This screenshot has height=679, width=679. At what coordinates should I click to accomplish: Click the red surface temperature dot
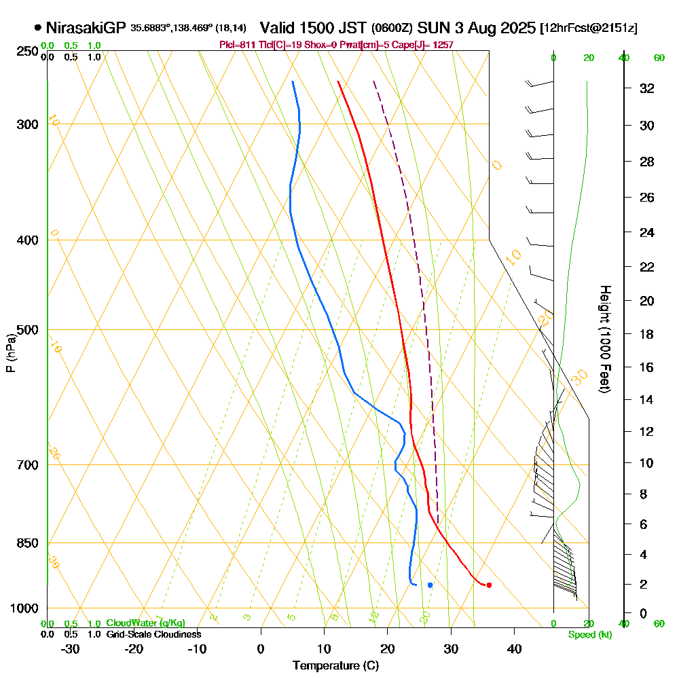489,585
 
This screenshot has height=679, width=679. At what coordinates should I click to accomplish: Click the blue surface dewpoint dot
430,585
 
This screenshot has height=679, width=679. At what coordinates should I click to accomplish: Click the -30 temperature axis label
70,649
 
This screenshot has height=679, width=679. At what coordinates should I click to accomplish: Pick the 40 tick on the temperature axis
514,649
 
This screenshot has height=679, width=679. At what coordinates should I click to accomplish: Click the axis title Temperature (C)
335,666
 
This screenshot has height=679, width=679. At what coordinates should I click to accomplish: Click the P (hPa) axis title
10,352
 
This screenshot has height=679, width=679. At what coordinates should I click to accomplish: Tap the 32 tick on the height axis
646,88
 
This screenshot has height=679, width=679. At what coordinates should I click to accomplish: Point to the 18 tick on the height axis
646,334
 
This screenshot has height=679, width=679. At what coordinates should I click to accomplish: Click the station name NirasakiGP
86,28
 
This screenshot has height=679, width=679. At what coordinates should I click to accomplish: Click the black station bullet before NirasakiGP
37,29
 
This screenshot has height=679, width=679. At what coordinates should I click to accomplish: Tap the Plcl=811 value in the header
237,45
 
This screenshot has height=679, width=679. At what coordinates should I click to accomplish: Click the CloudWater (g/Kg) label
145,623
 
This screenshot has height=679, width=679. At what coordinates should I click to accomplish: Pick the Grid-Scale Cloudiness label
153,634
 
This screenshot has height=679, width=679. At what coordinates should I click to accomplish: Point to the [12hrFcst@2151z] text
588,29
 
